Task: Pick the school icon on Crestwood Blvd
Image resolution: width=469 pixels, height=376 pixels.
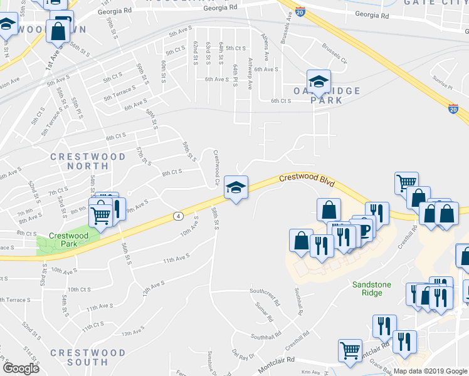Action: (236, 187)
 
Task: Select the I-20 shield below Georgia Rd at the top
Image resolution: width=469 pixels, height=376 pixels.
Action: (301, 11)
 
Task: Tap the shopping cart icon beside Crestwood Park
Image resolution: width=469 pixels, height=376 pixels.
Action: (100, 215)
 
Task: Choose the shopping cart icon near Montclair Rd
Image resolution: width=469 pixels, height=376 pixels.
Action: (350, 350)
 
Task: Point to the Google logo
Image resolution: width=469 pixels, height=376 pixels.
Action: (21, 368)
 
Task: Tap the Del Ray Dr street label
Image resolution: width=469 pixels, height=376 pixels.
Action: (242, 355)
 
